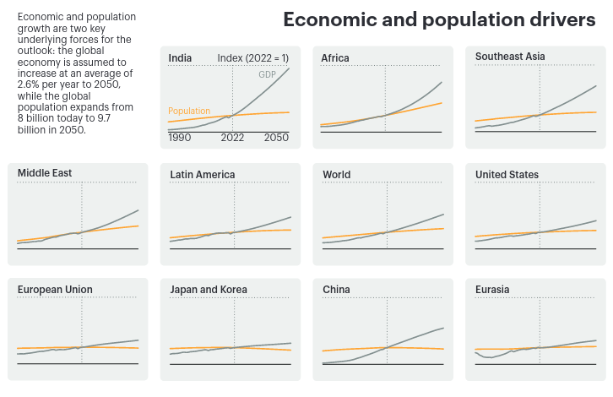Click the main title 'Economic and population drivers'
439,20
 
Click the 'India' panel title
180,58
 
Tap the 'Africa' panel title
335,58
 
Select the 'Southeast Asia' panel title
510,57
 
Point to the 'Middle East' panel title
45,173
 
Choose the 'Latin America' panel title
203,175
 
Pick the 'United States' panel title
507,175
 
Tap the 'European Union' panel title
55,290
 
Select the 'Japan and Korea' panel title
209,290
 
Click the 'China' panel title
336,290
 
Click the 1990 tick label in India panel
180,138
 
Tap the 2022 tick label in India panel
233,138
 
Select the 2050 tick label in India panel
276,138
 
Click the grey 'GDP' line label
267,75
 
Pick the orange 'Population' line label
189,111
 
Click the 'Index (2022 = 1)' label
252,58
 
